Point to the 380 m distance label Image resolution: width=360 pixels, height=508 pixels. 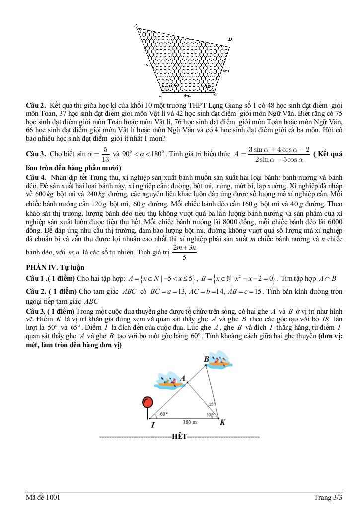click(189, 422)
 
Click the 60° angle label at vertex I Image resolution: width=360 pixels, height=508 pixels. click(164, 413)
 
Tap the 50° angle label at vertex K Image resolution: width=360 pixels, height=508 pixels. click(210, 415)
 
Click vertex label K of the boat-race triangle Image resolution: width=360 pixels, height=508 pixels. click(222, 422)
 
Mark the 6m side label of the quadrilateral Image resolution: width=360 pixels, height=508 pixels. click(145, 65)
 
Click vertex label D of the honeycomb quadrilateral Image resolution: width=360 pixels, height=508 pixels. click(230, 39)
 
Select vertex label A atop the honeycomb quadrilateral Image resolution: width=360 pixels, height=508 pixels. click(136, 25)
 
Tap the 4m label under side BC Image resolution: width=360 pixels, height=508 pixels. click(187, 95)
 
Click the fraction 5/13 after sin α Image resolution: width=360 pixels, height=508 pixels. click(105, 155)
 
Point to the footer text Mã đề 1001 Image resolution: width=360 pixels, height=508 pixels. click(44, 497)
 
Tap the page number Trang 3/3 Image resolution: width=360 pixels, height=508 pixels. click(328, 497)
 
